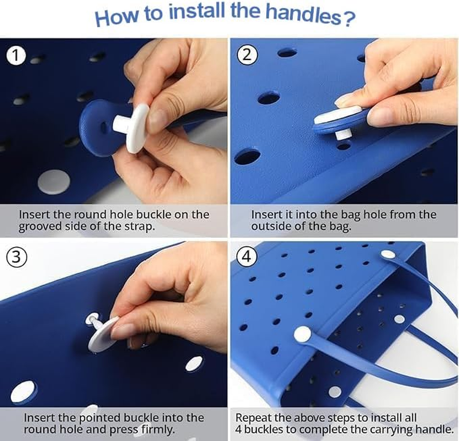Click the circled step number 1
[16, 56]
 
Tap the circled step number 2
[247, 55]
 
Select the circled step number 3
[17, 257]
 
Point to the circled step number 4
[247, 257]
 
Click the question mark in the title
[349, 19]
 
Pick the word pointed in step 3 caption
[100, 418]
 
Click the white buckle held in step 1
[132, 127]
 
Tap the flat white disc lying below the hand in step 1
[54, 182]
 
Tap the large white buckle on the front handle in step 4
[303, 335]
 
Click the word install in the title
[197, 12]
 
